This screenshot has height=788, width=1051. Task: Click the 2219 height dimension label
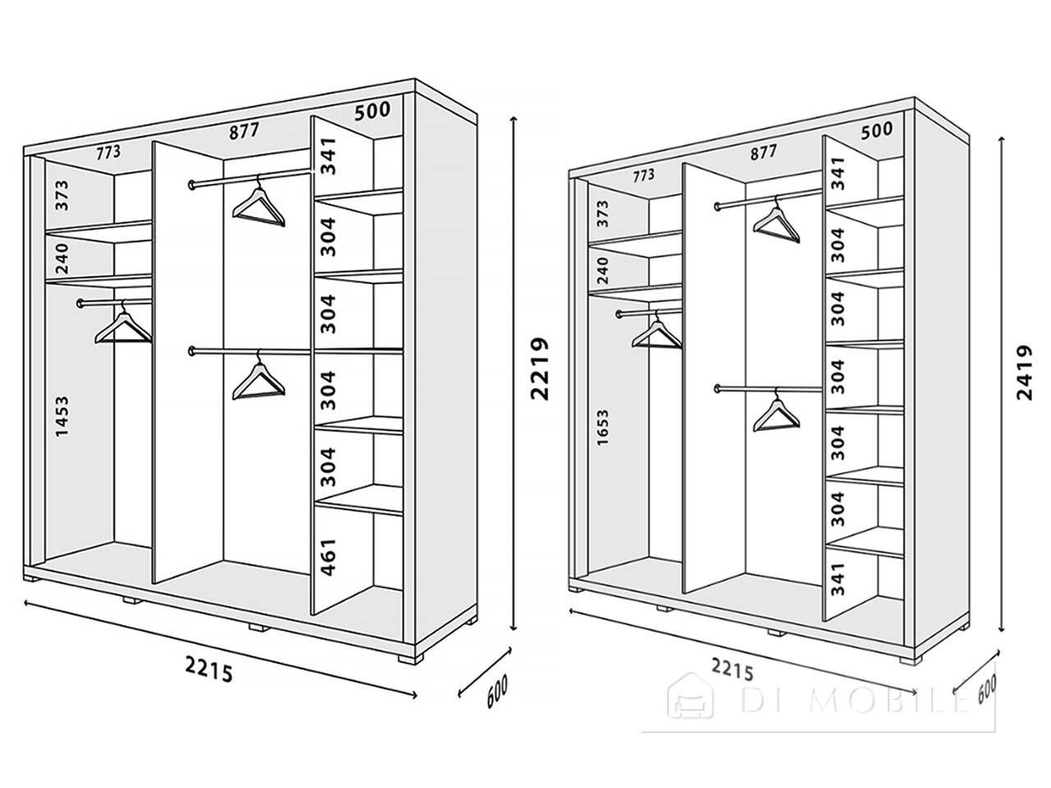539,369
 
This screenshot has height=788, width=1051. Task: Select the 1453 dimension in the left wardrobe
62,416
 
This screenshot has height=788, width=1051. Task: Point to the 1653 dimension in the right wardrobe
603,428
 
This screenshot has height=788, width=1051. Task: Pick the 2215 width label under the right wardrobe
732,668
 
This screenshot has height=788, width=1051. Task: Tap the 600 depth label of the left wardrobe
497,691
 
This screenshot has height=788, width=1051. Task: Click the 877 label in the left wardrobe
244,131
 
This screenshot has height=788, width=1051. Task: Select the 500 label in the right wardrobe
877,131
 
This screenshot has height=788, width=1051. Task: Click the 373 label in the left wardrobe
62,195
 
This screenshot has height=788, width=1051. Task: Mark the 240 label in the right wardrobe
603,270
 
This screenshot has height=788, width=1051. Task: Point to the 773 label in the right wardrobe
643,176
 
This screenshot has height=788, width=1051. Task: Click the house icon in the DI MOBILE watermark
690,696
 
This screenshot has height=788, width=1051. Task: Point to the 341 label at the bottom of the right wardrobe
838,580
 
